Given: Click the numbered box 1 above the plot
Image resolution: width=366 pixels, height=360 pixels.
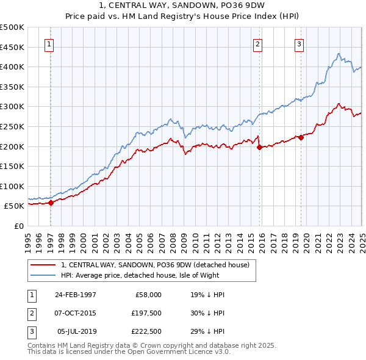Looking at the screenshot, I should (x=48, y=44).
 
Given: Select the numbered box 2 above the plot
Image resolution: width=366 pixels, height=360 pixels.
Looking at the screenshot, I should (x=258, y=44).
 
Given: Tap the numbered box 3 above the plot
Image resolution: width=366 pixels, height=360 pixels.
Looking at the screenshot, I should (x=300, y=44).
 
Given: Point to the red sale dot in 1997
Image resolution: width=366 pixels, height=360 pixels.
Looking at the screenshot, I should (x=51, y=203).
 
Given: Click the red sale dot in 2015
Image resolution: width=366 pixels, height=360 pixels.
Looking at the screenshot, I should (x=260, y=147).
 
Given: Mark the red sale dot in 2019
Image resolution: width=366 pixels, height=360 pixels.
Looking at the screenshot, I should (x=301, y=137).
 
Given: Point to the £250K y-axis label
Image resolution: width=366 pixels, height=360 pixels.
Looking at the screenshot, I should (x=12, y=126).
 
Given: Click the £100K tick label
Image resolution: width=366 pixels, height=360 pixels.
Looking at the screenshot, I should (x=12, y=186).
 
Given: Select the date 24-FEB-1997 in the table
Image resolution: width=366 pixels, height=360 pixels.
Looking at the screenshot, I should (x=76, y=295).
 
